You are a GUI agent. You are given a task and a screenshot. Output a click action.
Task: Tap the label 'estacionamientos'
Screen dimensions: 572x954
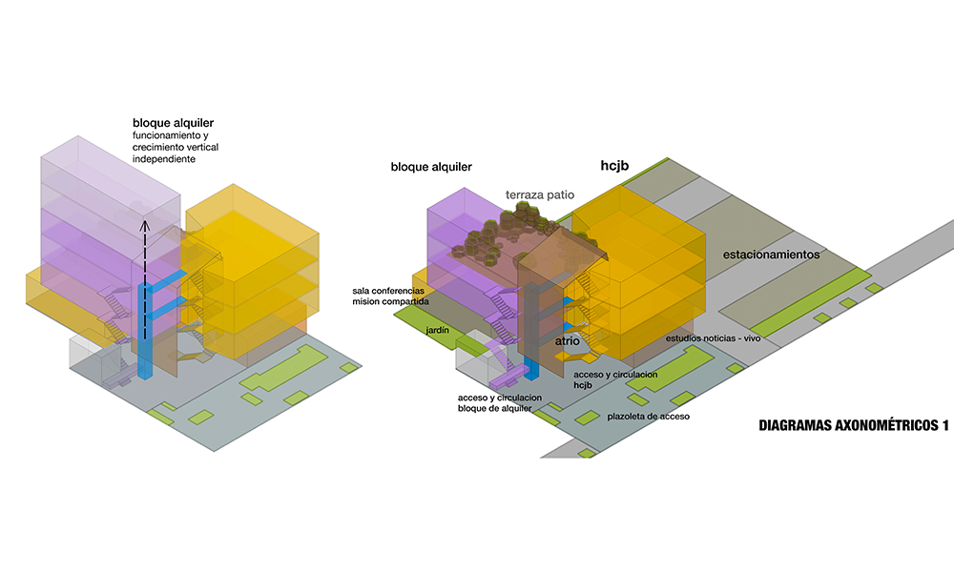pyautogui.click(x=772, y=255)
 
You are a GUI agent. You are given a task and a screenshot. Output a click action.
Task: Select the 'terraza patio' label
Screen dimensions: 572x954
pyautogui.click(x=540, y=194)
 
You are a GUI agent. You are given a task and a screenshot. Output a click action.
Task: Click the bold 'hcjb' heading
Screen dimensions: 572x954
pyautogui.click(x=614, y=165)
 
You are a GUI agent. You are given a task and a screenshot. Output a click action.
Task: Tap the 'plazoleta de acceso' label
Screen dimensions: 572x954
pyautogui.click(x=648, y=417)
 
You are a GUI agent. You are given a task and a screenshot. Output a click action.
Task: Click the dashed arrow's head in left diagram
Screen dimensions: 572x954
pyautogui.click(x=145, y=225)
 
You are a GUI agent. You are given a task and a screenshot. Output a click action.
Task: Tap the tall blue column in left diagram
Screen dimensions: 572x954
pyautogui.click(x=144, y=329)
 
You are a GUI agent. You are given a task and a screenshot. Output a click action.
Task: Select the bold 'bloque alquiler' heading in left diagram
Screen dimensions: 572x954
pyautogui.click(x=173, y=124)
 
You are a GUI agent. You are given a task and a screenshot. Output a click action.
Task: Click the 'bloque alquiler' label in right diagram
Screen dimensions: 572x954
pyautogui.click(x=431, y=167)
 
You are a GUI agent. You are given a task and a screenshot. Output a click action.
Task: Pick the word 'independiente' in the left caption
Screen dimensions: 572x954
pyautogui.click(x=164, y=159)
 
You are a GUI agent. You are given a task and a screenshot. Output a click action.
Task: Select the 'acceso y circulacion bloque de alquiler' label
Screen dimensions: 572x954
pyautogui.click(x=500, y=402)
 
